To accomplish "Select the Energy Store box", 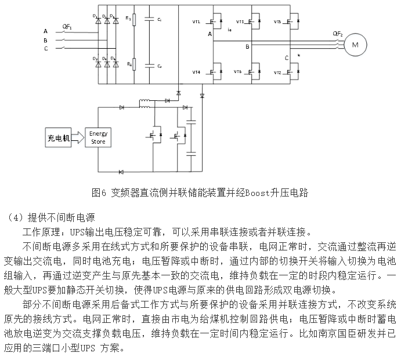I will coord(99,137).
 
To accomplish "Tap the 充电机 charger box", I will coord(59,138).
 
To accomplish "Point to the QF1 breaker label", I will coord(67,26).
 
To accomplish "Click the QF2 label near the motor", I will coord(338,34).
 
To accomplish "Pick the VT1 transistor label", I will coord(196,22).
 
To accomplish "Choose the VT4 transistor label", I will coord(196,72).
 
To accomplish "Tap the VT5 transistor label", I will coord(277,22).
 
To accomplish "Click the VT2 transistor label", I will coord(277,72).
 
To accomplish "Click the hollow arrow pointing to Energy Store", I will coord(78,138).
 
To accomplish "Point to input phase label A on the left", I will coord(45,31).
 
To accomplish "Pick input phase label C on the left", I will coord(45,49).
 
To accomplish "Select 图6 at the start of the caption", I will coord(97,192).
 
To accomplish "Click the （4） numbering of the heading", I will coord(16,218).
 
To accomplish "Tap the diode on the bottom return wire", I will coord(121,172).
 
